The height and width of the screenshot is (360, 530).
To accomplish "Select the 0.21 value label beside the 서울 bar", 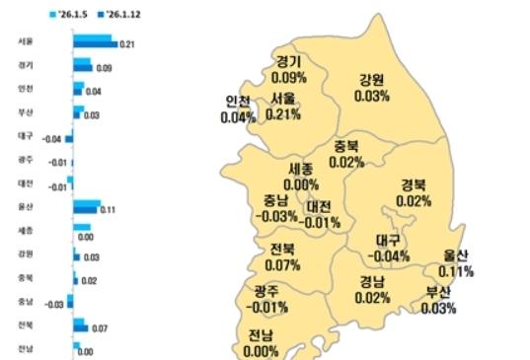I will (x=126, y=44).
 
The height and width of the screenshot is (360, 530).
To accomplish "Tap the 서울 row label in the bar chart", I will (x=25, y=42).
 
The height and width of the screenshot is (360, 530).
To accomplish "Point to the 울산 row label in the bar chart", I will (x=25, y=207).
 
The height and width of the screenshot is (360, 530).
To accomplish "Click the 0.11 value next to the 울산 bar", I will (x=109, y=210).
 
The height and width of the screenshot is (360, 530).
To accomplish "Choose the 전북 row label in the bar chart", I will (x=25, y=324).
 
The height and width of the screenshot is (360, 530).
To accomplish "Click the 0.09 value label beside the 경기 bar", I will (x=104, y=68).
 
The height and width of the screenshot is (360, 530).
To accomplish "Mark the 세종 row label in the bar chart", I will (x=25, y=231).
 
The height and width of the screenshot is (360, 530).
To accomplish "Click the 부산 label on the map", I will (x=437, y=293).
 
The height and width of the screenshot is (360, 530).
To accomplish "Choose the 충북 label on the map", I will (x=345, y=145).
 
